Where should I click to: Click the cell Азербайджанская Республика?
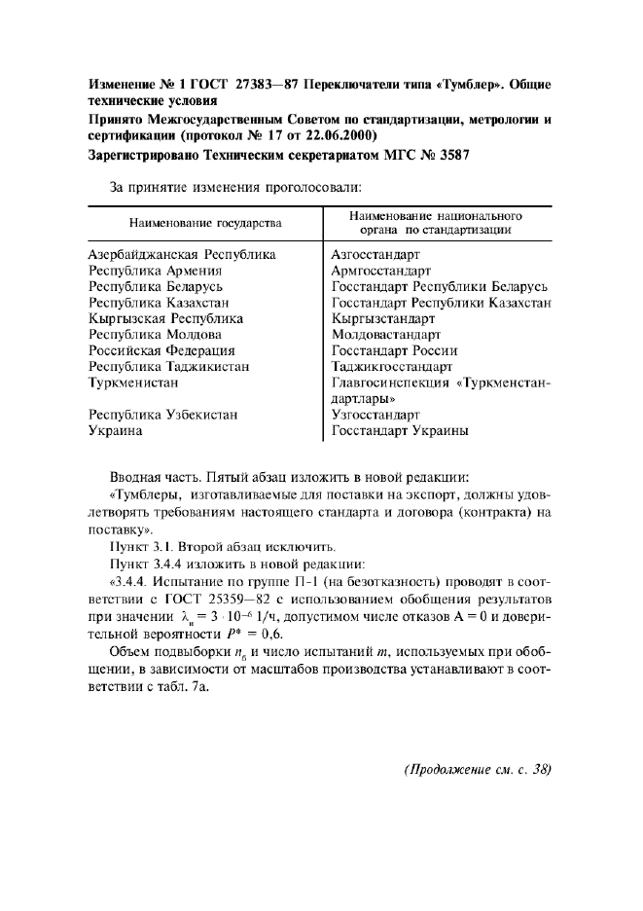pyautogui.click(x=182, y=254)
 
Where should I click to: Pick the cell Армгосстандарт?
pyautogui.click(x=381, y=271)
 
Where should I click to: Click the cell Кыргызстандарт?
pyautogui.click(x=382, y=318)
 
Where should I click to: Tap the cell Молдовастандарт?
pyautogui.click(x=386, y=334)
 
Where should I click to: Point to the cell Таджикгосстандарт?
pyautogui.click(x=391, y=367)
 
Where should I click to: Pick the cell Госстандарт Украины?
pyautogui.click(x=400, y=430)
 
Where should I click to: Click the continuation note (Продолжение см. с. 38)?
pyautogui.click(x=478, y=769)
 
